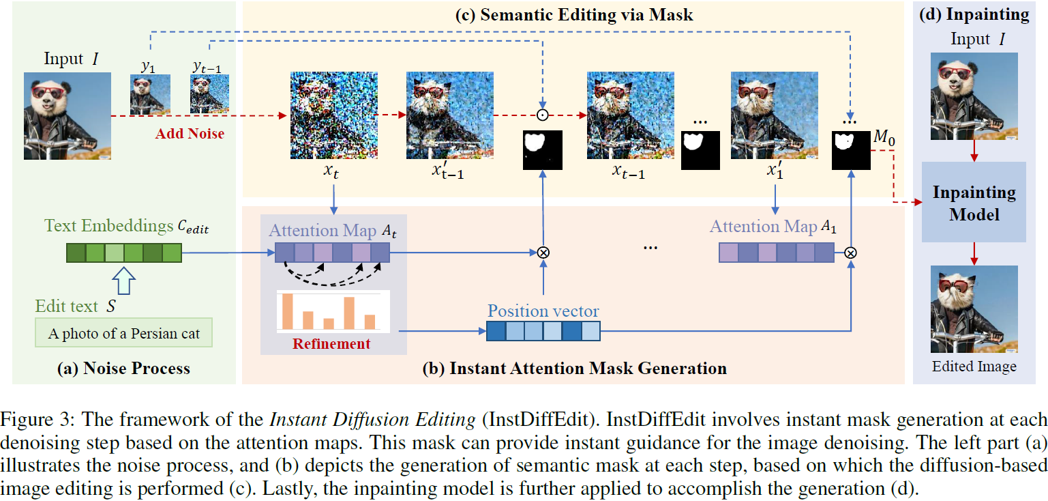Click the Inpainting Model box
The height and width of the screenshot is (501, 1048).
coord(974,202)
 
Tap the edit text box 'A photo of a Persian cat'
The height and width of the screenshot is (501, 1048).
coord(123,334)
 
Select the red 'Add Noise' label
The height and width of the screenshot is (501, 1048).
coord(189,133)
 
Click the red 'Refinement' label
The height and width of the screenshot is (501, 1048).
coord(331,343)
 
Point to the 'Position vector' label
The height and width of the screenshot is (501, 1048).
coord(543,311)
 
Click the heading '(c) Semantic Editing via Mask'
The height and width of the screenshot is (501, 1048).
coord(573,14)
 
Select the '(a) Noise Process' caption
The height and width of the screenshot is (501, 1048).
coord(123,369)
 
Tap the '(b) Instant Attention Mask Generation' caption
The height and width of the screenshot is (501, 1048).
coord(574,369)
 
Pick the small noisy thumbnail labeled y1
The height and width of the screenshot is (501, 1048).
coord(150,94)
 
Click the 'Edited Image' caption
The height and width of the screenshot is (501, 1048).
coord(974,367)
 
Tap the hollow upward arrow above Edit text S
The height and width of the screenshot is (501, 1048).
coord(123,281)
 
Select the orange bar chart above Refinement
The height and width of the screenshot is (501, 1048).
coord(333,311)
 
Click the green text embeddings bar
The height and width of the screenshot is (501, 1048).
coord(123,253)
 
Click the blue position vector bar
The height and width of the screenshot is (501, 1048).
coord(543,332)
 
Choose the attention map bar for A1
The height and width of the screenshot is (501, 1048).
coord(776,253)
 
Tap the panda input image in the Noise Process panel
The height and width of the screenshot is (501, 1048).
coord(68,116)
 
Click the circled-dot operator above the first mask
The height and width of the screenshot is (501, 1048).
coord(543,115)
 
